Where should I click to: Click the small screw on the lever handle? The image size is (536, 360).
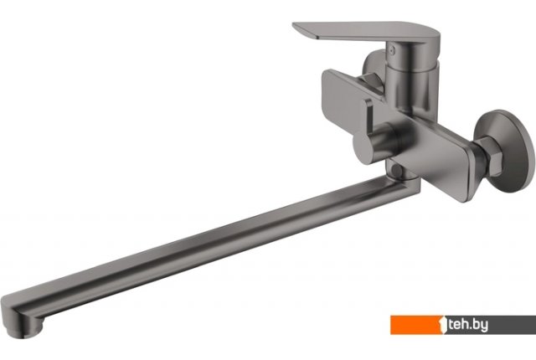(x=393, y=51)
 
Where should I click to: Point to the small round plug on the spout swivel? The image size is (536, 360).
(x=397, y=170)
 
